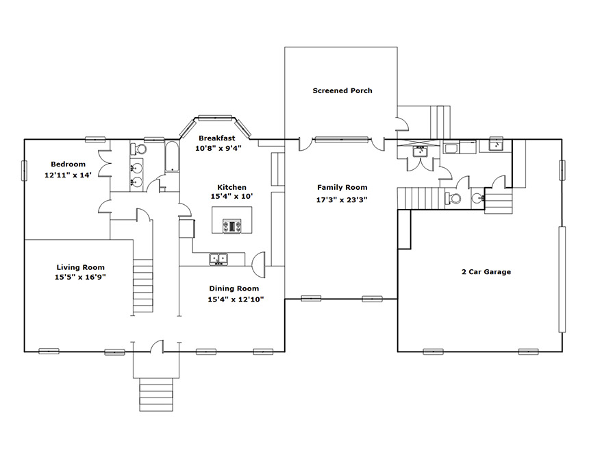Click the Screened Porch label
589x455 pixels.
pyautogui.click(x=342, y=90)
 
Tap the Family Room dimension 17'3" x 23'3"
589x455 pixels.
pyautogui.click(x=342, y=200)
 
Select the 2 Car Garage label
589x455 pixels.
pyautogui.click(x=486, y=271)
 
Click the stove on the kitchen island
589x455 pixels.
pyautogui.click(x=231, y=226)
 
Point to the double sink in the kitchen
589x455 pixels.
pyautogui.click(x=218, y=258)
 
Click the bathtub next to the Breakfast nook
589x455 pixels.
pyautogui.click(x=172, y=157)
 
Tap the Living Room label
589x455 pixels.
pyautogui.click(x=80, y=267)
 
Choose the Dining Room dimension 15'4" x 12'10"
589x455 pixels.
pyautogui.click(x=236, y=299)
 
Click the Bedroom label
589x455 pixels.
pyautogui.click(x=68, y=164)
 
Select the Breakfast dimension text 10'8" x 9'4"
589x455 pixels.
pyautogui.click(x=218, y=148)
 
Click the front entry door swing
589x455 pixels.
pyautogui.click(x=157, y=347)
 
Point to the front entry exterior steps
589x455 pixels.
pyautogui.click(x=156, y=395)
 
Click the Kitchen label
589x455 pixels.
pyautogui.click(x=231, y=187)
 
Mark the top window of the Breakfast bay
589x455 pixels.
pyautogui.click(x=215, y=119)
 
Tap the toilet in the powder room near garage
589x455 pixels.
pyautogui.click(x=453, y=197)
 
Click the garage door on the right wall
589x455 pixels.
pyautogui.click(x=562, y=280)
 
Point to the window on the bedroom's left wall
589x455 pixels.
pyautogui.click(x=25, y=171)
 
